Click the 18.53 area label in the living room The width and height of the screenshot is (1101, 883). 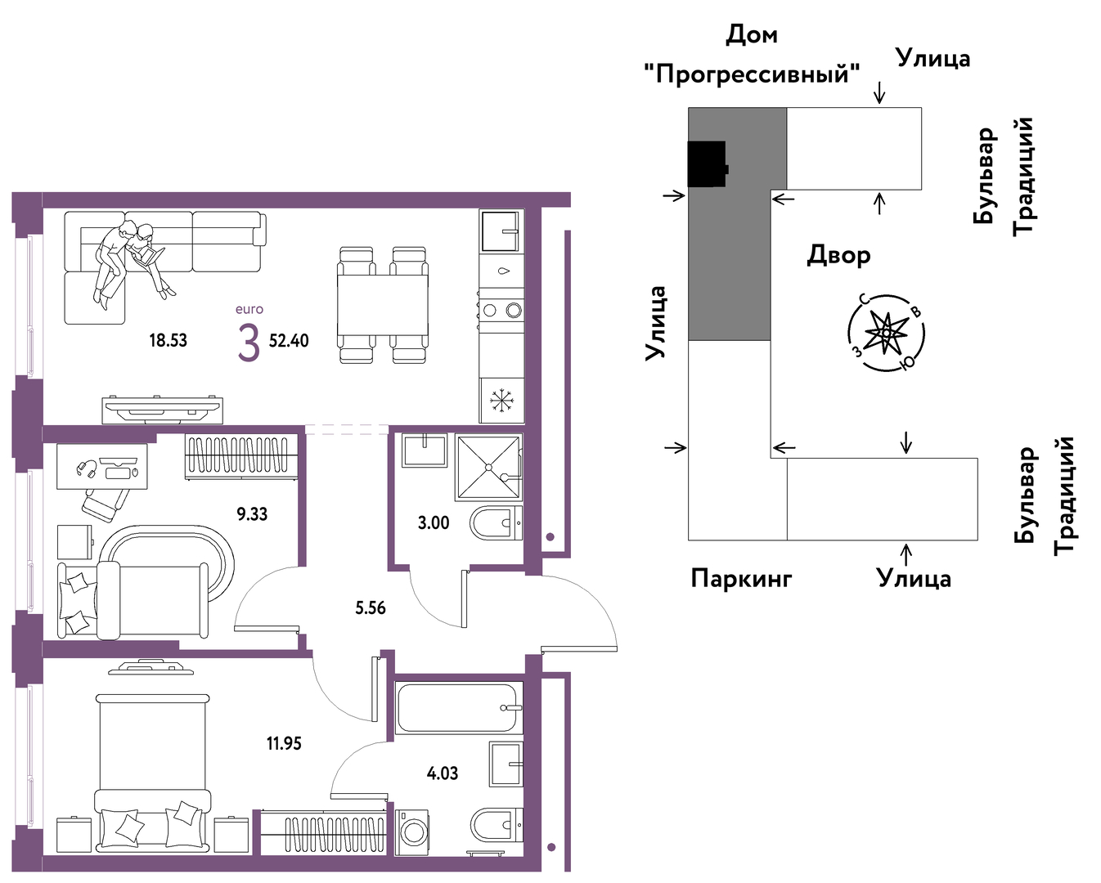pos(169,340)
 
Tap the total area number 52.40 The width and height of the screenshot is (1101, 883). pos(289,340)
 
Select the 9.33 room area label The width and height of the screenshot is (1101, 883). pos(252,513)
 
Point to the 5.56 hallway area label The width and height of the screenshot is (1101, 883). pos(371,608)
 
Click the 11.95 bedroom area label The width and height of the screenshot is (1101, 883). pos(284,743)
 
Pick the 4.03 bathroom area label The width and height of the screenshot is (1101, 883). pos(443,773)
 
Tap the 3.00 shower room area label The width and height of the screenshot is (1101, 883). pos(434,523)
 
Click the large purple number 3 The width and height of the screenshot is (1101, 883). pos(249,343)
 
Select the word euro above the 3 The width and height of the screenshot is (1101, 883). pos(249,309)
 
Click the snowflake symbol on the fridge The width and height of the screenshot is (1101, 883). pos(501,401)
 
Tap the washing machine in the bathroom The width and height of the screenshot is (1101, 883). pos(411,831)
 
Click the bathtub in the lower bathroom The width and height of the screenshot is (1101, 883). pos(458,708)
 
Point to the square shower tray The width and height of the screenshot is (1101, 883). pos(488,468)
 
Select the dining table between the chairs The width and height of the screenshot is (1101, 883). pos(383,305)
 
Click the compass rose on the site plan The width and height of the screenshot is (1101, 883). pos(886,333)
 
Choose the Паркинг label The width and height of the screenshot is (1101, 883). pos(741,578)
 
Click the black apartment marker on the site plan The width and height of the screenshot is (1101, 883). pos(707,164)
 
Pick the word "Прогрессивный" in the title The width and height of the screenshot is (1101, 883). pos(752,74)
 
